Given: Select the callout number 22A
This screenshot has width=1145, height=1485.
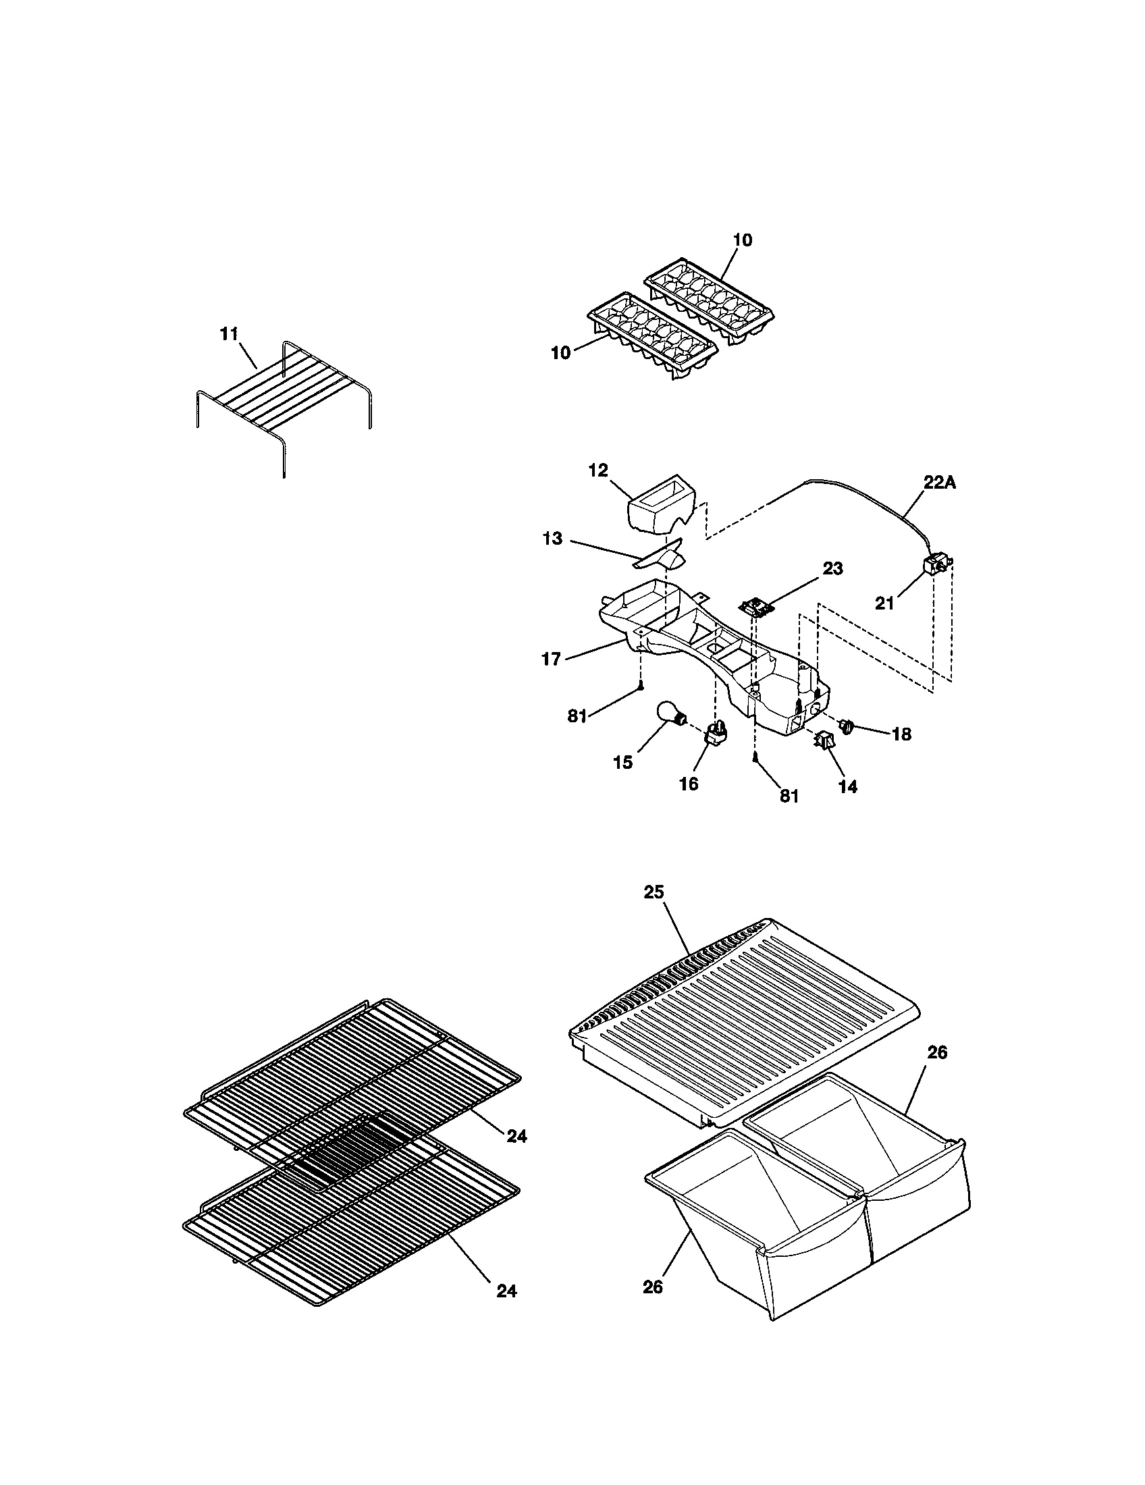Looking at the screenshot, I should coord(939,482).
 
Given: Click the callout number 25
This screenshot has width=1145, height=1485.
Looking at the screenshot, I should coord(654,892).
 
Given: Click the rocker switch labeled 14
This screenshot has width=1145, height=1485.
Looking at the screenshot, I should coord(826,740).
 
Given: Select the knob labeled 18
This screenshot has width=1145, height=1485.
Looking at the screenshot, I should coord(847,728).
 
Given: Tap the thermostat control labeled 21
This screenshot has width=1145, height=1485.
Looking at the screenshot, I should coord(934,565).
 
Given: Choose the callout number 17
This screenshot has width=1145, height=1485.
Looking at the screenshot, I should coord(550,659).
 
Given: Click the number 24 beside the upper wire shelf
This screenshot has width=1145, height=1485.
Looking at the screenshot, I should coord(516,1136).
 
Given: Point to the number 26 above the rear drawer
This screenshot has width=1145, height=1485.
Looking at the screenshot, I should coord(936,1052).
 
